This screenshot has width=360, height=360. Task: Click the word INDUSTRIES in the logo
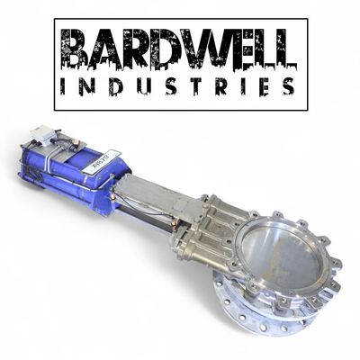179,87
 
